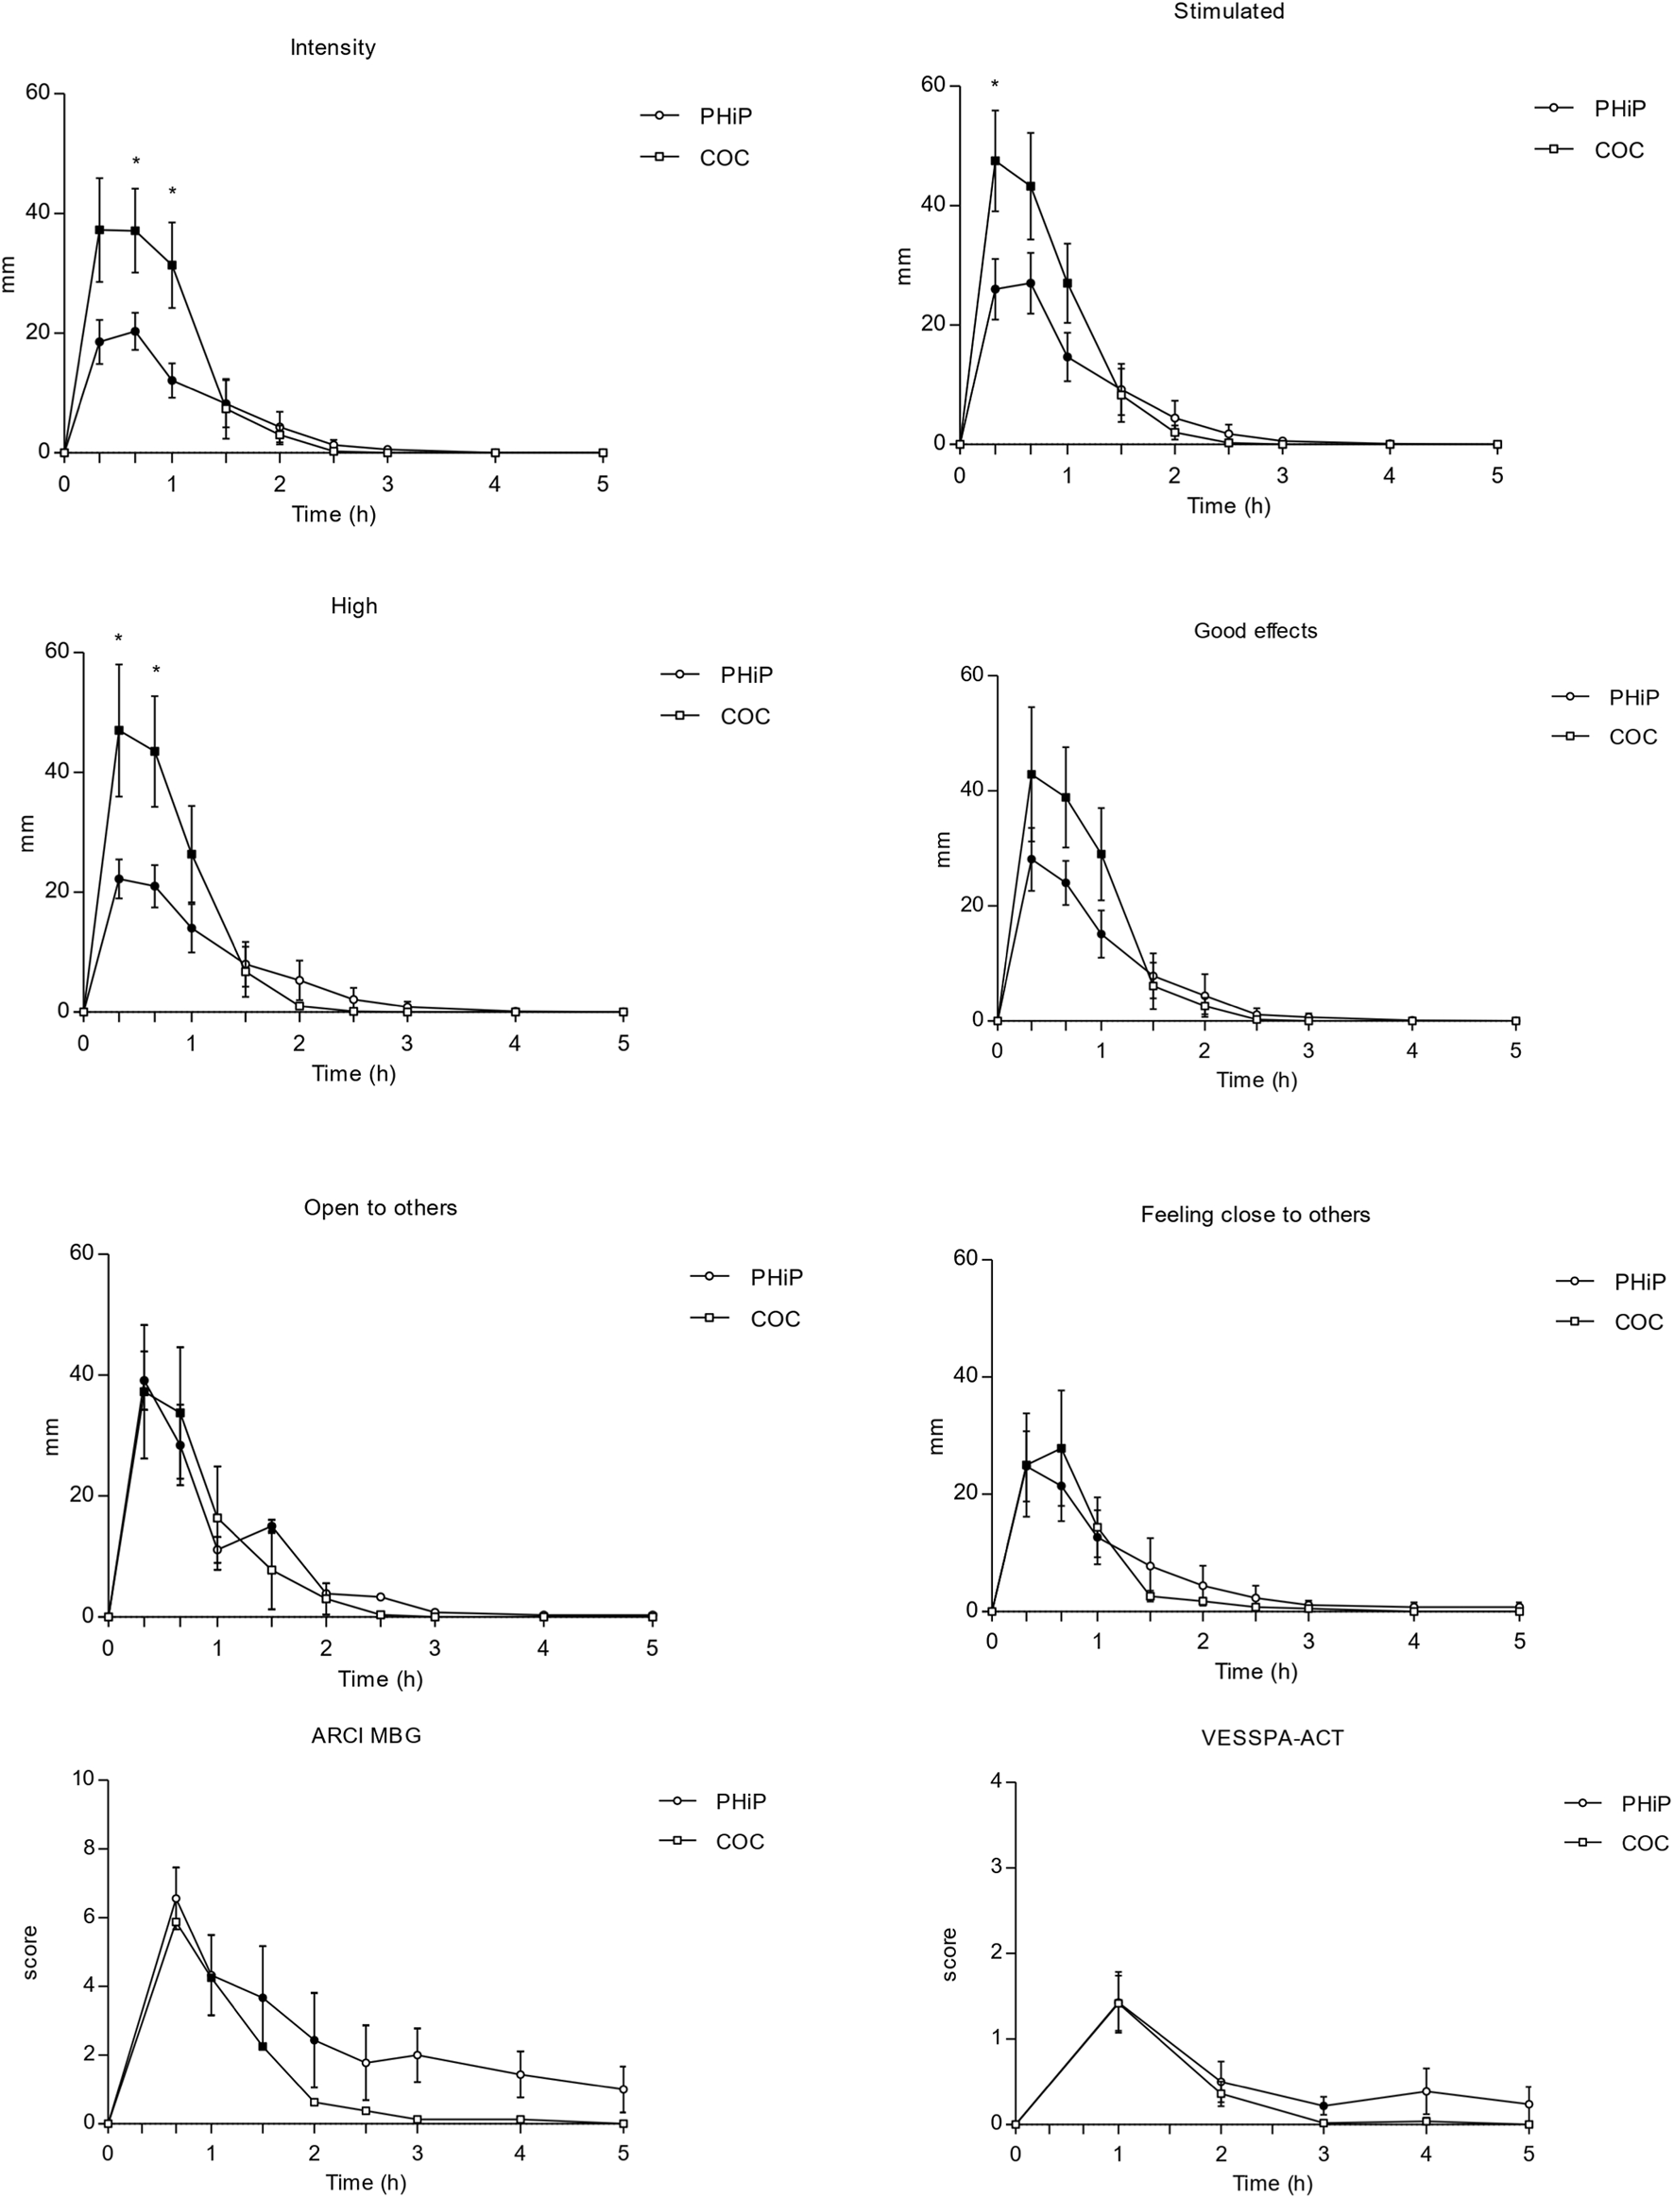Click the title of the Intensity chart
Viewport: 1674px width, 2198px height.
pyautogui.click(x=332, y=48)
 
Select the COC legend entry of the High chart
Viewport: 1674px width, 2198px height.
pyautogui.click(x=744, y=717)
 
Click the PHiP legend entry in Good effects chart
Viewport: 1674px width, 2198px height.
pyautogui.click(x=1633, y=697)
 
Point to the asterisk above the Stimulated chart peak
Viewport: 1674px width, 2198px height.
pyautogui.click(x=995, y=86)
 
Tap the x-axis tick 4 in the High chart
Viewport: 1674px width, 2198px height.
pyautogui.click(x=515, y=1043)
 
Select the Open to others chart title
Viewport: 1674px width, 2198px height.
pyautogui.click(x=380, y=1207)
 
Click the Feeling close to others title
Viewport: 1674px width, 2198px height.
pyautogui.click(x=1255, y=1215)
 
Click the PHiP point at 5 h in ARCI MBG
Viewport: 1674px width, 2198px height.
pyautogui.click(x=623, y=2089)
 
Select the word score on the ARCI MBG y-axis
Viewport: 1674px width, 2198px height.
pyautogui.click(x=30, y=1953)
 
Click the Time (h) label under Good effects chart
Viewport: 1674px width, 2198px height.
pyautogui.click(x=1255, y=1080)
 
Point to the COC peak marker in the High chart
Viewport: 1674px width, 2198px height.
pyautogui.click(x=119, y=730)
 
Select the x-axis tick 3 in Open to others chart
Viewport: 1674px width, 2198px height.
pyautogui.click(x=435, y=1649)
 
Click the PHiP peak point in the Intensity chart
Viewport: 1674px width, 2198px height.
pyautogui.click(x=135, y=331)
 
